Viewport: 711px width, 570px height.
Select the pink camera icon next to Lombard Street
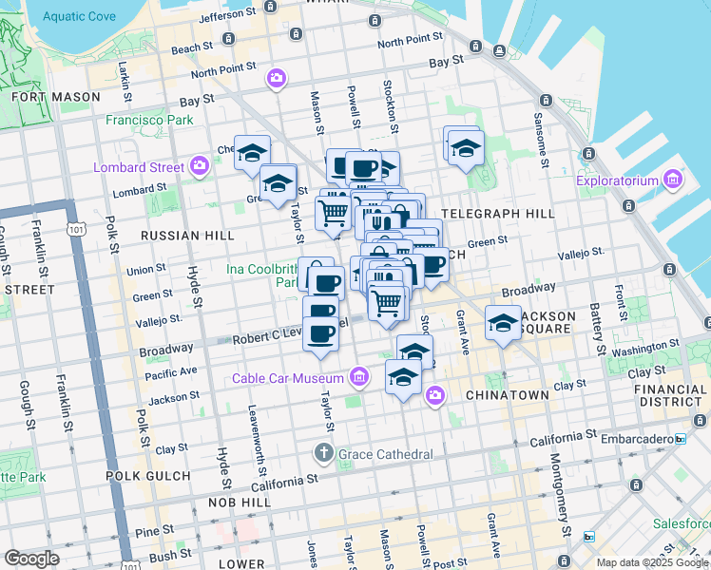(x=199, y=167)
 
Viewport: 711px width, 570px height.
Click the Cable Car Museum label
(x=291, y=379)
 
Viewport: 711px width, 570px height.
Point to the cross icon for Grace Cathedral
(x=324, y=454)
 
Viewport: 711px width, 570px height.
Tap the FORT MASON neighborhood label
(x=55, y=97)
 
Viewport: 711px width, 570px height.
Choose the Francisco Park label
(x=149, y=120)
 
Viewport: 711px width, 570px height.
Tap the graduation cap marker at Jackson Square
(x=503, y=324)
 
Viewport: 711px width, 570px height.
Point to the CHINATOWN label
(x=507, y=394)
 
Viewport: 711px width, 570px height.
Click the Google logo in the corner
(x=31, y=559)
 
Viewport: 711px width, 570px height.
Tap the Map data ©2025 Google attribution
(x=651, y=562)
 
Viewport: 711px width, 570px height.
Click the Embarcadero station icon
(x=680, y=438)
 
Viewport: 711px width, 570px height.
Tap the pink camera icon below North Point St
(x=276, y=78)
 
